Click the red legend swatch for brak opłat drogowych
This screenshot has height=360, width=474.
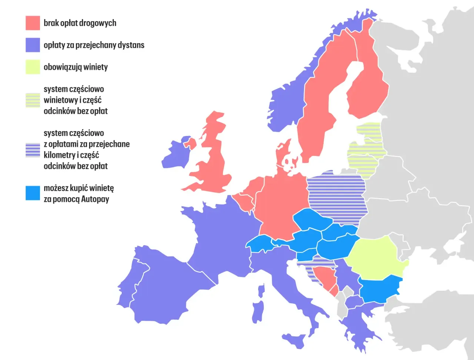[x=33, y=23]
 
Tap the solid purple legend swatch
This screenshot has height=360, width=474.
[x=33, y=45]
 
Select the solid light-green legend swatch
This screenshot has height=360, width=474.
[x=33, y=67]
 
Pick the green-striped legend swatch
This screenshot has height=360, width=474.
[x=33, y=100]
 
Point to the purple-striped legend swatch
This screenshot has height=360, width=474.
[x=33, y=150]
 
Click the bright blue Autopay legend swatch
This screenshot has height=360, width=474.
[x=33, y=193]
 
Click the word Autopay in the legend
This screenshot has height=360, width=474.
[x=95, y=199]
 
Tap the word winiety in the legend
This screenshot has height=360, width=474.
[x=96, y=67]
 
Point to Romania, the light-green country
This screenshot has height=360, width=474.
[x=374, y=257]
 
